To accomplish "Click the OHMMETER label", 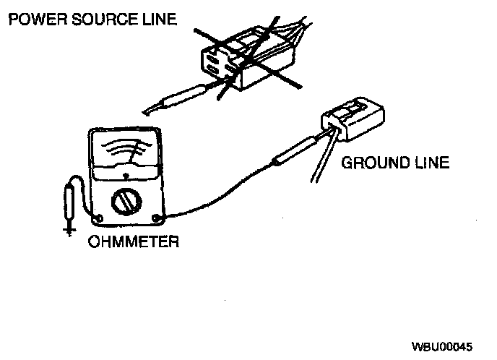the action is click(134, 241).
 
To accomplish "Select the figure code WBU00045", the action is click(442, 347).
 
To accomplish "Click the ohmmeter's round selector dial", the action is click(126, 201).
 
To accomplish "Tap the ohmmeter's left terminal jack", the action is click(98, 218).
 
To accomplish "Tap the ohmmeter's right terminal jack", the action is click(156, 218).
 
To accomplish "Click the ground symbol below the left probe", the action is click(69, 231).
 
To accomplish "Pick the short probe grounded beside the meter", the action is click(69, 202).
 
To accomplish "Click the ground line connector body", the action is click(353, 119).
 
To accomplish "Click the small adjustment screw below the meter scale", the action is click(126, 175).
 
